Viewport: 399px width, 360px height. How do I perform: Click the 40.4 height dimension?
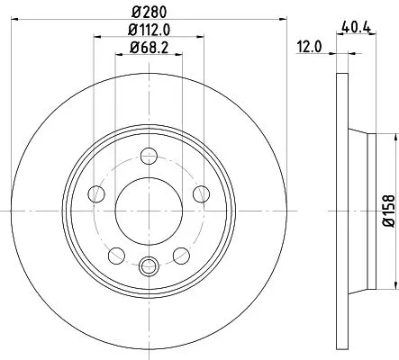click(x=356, y=27)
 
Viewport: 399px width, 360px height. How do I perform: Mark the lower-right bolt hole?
click(x=181, y=254)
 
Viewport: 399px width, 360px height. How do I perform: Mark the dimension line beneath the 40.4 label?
click(x=355, y=36)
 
